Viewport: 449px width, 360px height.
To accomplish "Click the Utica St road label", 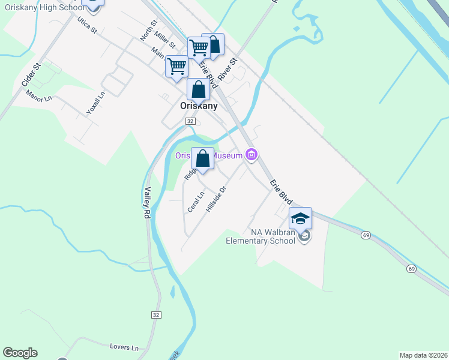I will coord(87,25).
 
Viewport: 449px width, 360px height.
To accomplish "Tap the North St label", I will coord(148,30).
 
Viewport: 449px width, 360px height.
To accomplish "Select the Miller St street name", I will coord(164,41).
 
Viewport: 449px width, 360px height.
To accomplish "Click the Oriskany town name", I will coord(199,105).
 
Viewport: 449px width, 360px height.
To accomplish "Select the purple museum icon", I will coord(252,155).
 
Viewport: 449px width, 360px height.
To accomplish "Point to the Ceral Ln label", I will coord(196,202).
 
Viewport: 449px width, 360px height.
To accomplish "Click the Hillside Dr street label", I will coord(216,199).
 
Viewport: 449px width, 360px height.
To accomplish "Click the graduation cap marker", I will coord(301,218).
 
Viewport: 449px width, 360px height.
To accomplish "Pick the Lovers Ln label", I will coord(124,347).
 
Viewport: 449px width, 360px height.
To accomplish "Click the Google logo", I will coord(20,353).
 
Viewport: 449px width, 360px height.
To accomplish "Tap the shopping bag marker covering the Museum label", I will coord(203,159).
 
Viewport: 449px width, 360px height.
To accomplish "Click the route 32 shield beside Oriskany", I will coord(190,121).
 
